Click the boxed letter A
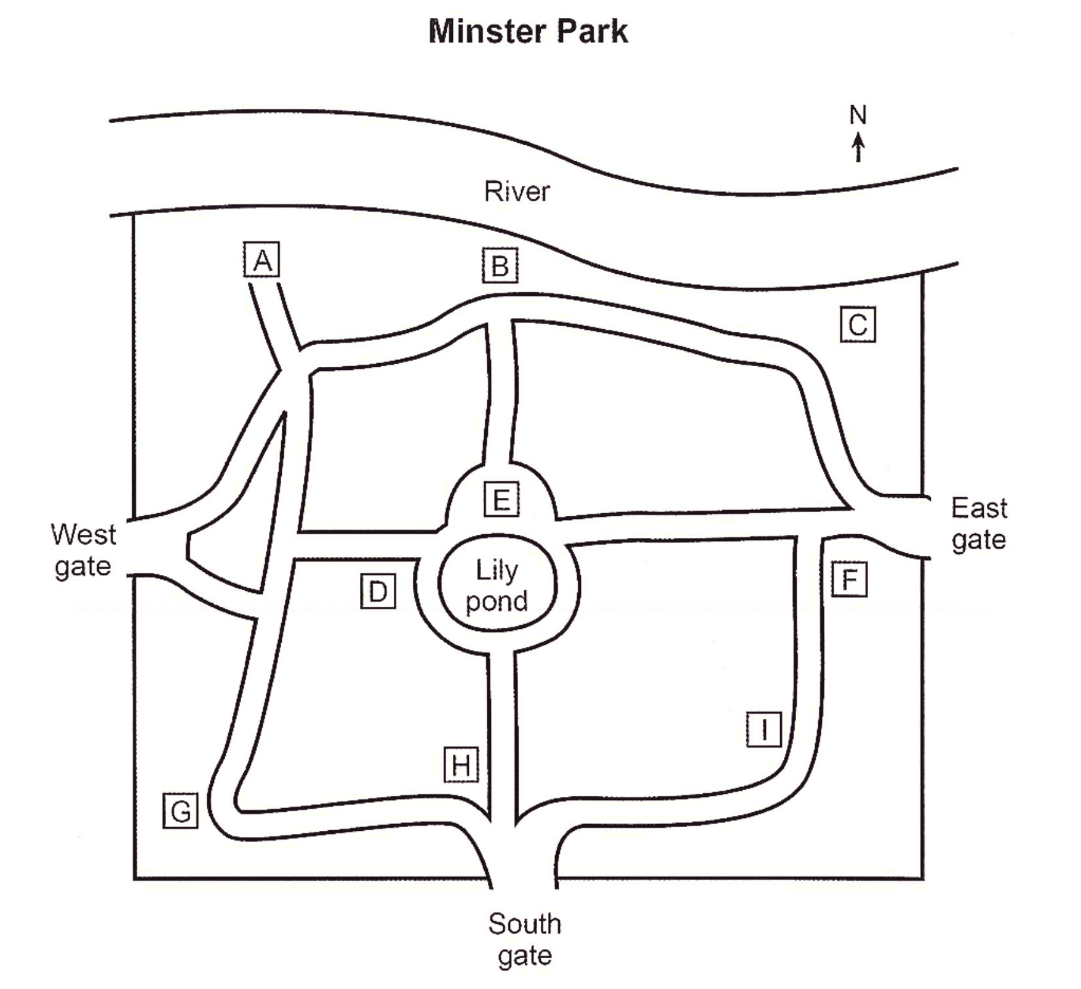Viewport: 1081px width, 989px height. [x=262, y=260]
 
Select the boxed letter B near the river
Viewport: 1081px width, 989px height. [x=500, y=265]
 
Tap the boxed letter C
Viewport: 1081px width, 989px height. [x=858, y=324]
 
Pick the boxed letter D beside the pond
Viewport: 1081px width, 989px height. [x=378, y=591]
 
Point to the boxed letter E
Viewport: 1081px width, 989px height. [x=501, y=499]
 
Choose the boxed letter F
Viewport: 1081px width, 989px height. [x=849, y=579]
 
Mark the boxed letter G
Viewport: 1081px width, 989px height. [x=180, y=811]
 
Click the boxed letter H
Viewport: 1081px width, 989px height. [x=461, y=764]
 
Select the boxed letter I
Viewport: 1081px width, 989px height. [x=764, y=729]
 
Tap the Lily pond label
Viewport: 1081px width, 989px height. [x=497, y=586]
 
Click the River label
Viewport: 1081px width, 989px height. [x=517, y=191]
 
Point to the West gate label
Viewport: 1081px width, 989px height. [x=84, y=550]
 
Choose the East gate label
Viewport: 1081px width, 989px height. [x=979, y=524]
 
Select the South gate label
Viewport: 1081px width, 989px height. [x=525, y=940]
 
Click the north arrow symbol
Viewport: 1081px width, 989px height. [x=858, y=148]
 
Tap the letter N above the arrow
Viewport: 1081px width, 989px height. [x=858, y=115]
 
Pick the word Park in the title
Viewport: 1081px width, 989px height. [x=592, y=31]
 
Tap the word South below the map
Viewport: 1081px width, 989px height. [x=525, y=924]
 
